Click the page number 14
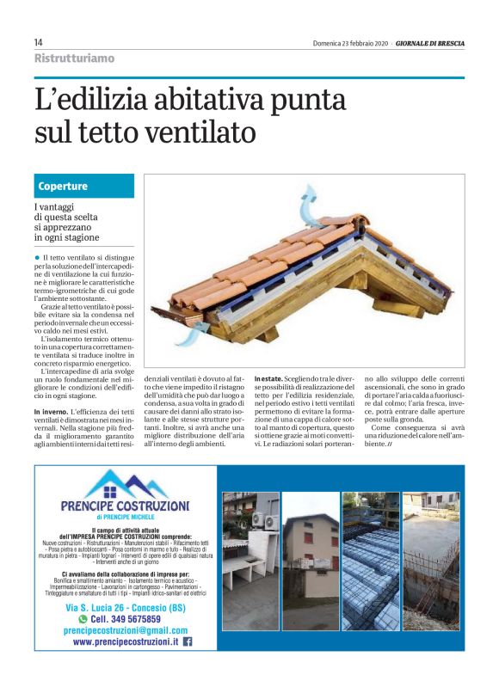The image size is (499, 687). point(39,43)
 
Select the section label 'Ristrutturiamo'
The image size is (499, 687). point(74,58)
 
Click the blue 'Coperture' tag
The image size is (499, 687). point(63,186)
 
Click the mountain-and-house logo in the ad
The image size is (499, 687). point(126,482)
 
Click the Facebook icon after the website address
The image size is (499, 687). point(187,641)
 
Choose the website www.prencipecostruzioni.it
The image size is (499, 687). point(125,641)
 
